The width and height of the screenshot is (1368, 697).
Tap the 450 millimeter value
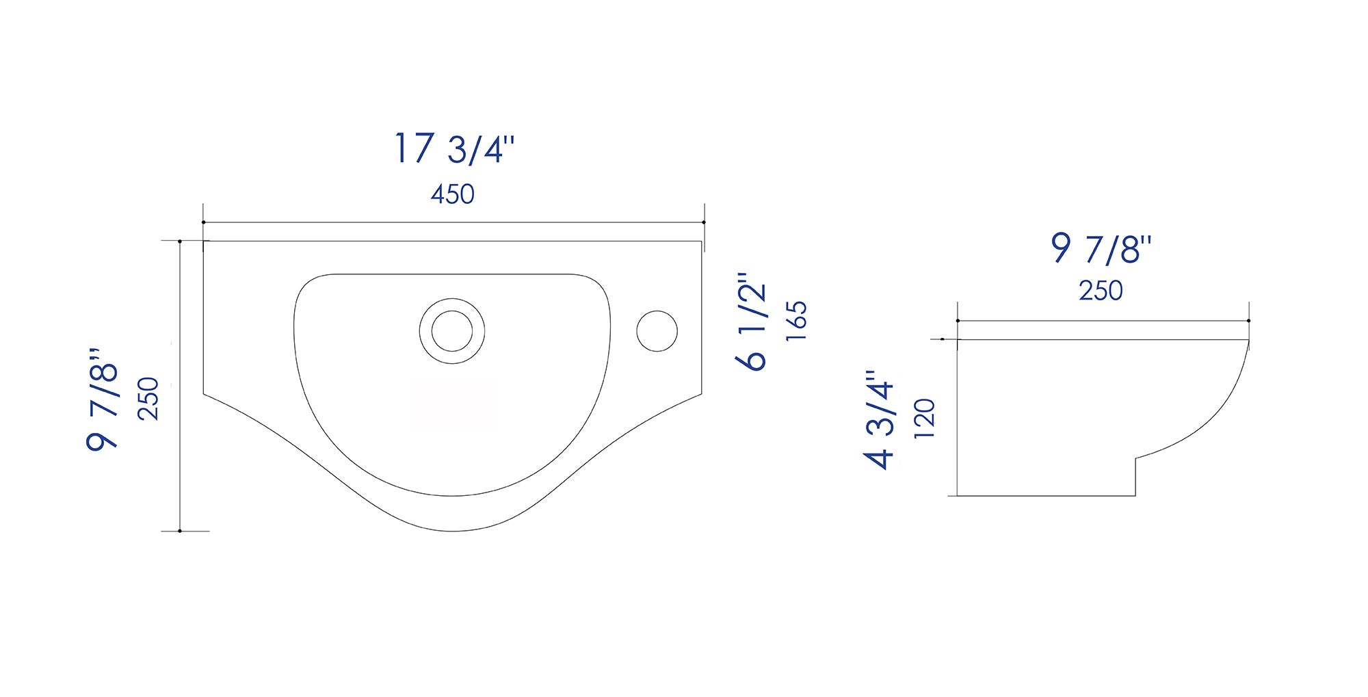click(x=452, y=195)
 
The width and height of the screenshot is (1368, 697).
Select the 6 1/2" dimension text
click(x=752, y=322)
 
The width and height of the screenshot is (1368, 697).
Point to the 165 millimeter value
click(x=797, y=321)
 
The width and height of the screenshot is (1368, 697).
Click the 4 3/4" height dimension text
click(x=880, y=420)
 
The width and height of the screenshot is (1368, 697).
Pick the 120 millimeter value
click(x=924, y=419)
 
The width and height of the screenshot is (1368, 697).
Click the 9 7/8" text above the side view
click(x=1101, y=249)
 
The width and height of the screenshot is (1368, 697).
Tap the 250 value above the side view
click(x=1101, y=291)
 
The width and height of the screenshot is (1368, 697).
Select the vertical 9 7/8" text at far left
click(x=103, y=399)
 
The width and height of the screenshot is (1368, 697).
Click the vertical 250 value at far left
click(x=148, y=399)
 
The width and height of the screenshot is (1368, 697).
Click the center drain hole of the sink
click(x=451, y=331)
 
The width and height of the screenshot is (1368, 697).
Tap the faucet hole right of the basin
click(x=657, y=331)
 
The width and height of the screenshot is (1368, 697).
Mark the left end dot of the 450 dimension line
click(x=203, y=222)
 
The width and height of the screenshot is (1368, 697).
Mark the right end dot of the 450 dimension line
click(x=704, y=222)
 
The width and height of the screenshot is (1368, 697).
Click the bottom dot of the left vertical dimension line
click(x=179, y=531)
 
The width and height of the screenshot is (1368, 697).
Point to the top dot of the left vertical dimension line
click(x=179, y=241)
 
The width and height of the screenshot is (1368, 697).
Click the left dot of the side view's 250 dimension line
click(x=957, y=321)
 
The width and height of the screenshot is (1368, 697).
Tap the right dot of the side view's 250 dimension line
click(x=1248, y=321)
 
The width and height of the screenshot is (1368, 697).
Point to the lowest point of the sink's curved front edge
click(x=453, y=531)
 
